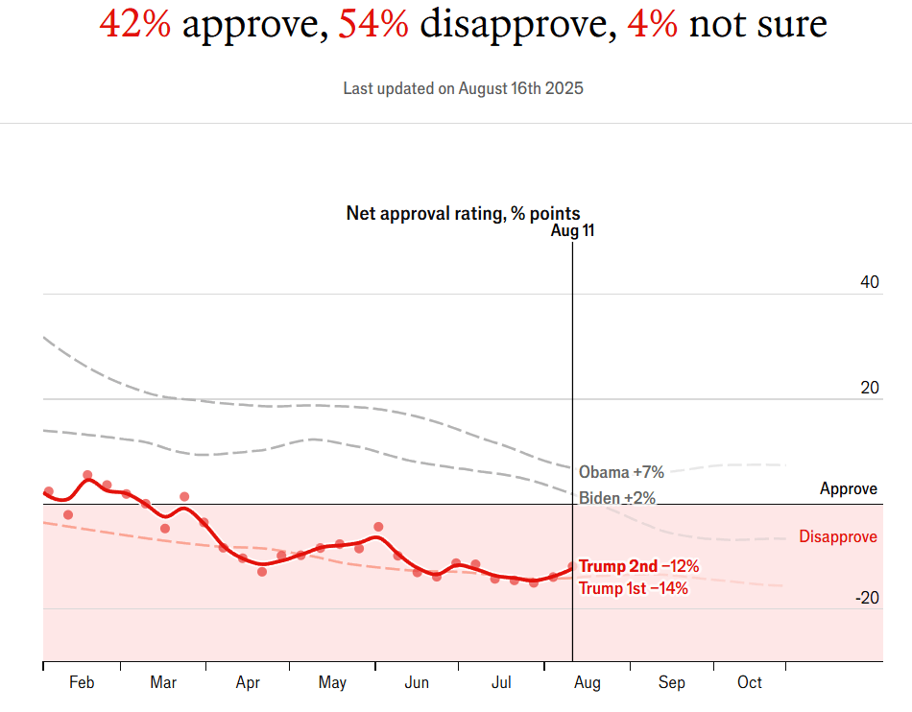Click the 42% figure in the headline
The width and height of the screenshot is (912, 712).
click(x=135, y=24)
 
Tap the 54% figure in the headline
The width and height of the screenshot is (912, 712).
click(x=373, y=24)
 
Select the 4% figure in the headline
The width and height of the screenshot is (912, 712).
click(x=652, y=24)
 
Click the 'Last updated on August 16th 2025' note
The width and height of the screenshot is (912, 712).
click(x=464, y=88)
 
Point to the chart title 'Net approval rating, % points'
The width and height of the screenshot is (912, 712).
click(x=463, y=213)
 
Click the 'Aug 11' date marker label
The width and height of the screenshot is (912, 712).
click(x=573, y=231)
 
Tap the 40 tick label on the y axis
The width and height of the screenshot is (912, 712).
click(x=870, y=282)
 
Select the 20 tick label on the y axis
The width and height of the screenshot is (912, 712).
click(x=870, y=388)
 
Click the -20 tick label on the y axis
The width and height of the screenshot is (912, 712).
click(x=867, y=598)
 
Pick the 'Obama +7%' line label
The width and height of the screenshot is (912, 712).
click(x=621, y=472)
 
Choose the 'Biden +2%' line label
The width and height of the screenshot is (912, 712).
click(x=617, y=498)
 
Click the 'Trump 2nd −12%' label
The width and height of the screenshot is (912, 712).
click(x=638, y=566)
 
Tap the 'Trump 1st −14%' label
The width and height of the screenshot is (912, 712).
click(x=634, y=588)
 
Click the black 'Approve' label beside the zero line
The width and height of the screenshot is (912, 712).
click(x=849, y=489)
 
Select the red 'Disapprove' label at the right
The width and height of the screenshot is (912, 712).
click(x=838, y=536)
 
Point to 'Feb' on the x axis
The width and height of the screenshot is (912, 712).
click(x=82, y=682)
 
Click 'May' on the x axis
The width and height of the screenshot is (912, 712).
click(x=332, y=682)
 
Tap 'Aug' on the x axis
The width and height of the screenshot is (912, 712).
click(x=588, y=682)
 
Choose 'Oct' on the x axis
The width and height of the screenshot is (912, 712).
click(x=750, y=682)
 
